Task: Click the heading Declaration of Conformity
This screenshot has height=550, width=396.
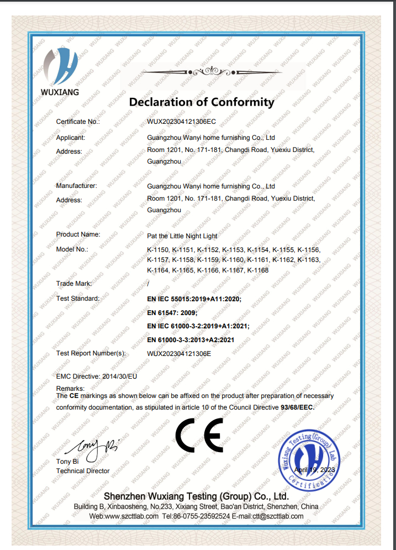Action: (x=201, y=102)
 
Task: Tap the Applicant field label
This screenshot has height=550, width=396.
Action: (x=71, y=138)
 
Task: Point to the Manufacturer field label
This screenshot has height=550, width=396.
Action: (x=77, y=186)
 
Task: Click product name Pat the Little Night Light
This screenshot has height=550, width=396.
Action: (x=182, y=235)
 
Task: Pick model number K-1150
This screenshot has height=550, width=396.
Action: (x=158, y=250)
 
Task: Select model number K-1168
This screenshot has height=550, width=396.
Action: (x=258, y=270)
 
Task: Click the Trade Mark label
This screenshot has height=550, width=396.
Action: (x=74, y=284)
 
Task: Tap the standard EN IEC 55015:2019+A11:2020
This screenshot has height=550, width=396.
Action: (x=194, y=298)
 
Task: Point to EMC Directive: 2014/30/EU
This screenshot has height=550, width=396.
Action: (x=97, y=376)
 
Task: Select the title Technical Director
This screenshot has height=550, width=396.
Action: (x=83, y=471)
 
